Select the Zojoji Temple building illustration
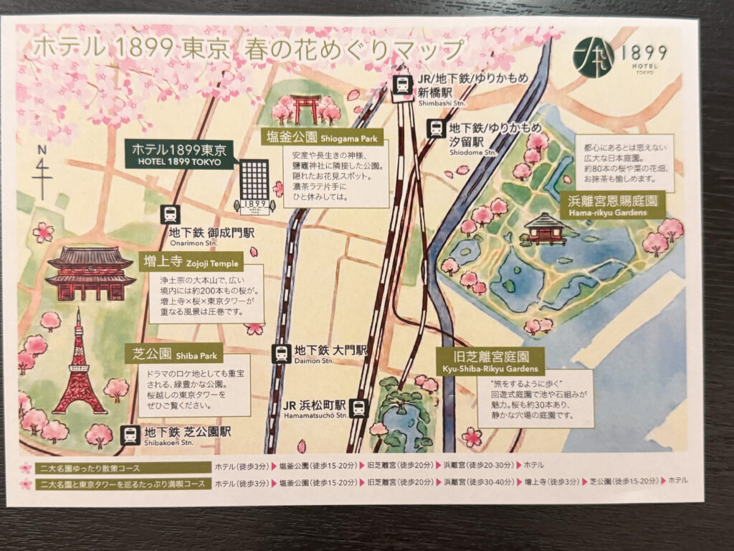click(x=90, y=273)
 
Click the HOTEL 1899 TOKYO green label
click(x=179, y=154)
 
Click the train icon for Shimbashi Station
click(x=404, y=84)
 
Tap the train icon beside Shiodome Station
click(x=435, y=129)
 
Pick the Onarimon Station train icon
click(x=170, y=214)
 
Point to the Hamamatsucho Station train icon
click(x=358, y=408)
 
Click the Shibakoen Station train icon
click(x=130, y=434)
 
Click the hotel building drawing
click(x=254, y=185)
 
